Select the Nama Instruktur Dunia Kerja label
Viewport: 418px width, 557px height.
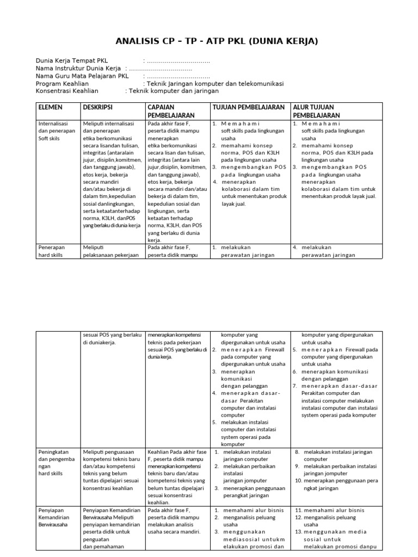click(x=78, y=68)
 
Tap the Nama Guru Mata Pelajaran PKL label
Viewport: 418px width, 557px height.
click(x=82, y=76)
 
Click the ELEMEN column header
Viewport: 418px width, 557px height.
click(x=51, y=108)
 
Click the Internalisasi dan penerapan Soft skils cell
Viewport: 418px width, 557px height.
click(x=57, y=131)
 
